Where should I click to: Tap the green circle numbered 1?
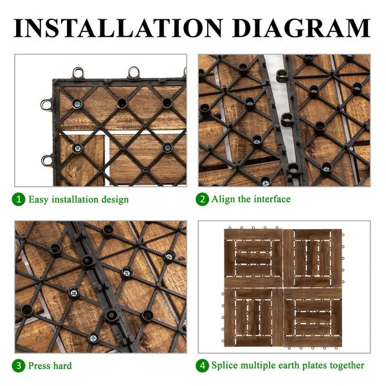(20, 199)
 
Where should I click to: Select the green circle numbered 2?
(203, 199)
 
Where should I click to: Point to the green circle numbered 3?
(20, 365)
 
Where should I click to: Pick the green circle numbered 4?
(203, 365)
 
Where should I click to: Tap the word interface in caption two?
(270, 199)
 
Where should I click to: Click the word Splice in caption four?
(226, 365)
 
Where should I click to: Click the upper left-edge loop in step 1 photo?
(46, 104)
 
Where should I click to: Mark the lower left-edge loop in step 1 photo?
(46, 160)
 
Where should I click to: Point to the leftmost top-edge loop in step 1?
(78, 73)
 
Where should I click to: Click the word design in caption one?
(115, 199)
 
